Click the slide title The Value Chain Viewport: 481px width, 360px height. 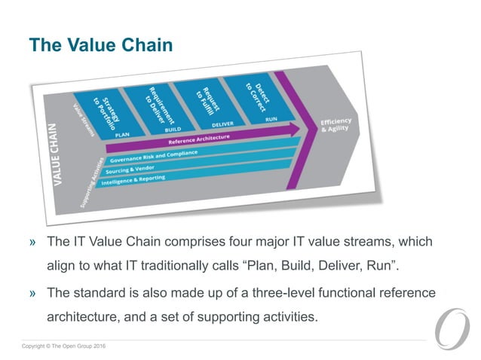point(100,46)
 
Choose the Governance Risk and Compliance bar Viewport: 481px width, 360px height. point(155,157)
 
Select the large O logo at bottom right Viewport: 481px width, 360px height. point(452,324)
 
